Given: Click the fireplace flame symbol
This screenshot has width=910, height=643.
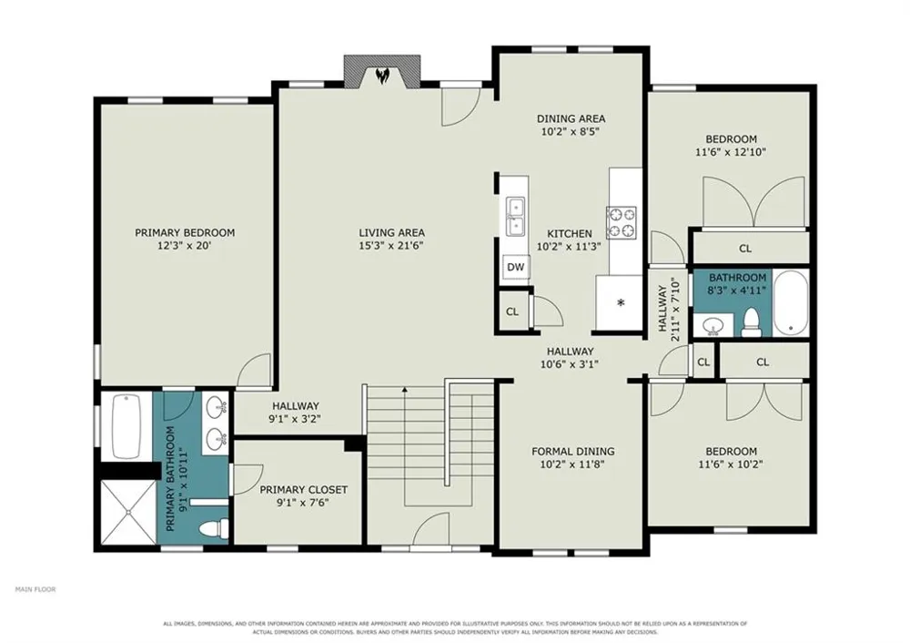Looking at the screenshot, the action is click(382, 76).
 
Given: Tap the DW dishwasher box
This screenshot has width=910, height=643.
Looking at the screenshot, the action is click(515, 267).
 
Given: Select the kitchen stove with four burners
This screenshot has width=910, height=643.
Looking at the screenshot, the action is click(622, 222).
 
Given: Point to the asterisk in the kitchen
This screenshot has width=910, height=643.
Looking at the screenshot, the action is click(621, 302).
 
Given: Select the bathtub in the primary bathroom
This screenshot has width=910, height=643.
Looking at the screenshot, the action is click(126, 426).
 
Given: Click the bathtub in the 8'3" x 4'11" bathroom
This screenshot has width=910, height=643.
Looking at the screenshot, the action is click(791, 302).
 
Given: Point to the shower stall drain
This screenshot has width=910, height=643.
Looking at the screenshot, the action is click(127, 513).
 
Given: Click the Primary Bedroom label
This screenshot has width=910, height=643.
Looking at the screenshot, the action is click(185, 233).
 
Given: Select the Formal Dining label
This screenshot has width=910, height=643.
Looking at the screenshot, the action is click(573, 452).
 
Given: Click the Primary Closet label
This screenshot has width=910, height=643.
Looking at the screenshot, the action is click(304, 490).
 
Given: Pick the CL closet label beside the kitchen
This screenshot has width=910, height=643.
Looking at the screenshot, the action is click(511, 311).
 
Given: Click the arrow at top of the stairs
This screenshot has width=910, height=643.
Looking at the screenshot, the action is click(404, 391).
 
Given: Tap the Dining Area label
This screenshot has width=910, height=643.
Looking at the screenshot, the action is click(571, 118).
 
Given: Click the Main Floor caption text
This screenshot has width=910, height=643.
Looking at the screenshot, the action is click(35, 589).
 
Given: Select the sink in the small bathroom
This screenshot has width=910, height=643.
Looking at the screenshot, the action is click(712, 327).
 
